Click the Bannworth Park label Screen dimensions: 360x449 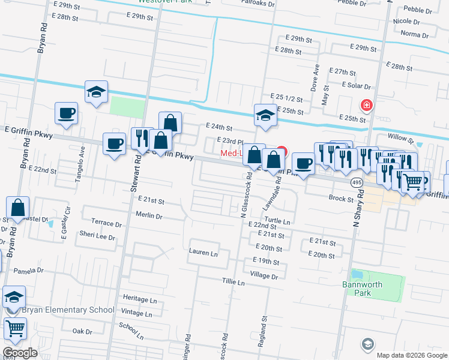pos(371,289)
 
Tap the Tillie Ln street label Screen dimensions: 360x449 pos(234,282)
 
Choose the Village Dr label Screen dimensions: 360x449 pos(264,276)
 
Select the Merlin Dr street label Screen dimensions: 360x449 pos(149,215)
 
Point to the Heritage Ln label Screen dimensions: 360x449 pos(139,299)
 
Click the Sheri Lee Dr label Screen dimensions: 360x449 pos(97,237)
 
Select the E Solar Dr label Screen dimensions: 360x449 pos(359,86)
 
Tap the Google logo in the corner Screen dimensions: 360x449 pos(20,352)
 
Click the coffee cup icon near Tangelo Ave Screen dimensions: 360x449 pos(66,113)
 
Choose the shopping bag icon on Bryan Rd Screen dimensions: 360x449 pos(19,208)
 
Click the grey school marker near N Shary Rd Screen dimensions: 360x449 pos(367,344)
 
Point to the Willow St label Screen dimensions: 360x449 pos(400,138)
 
